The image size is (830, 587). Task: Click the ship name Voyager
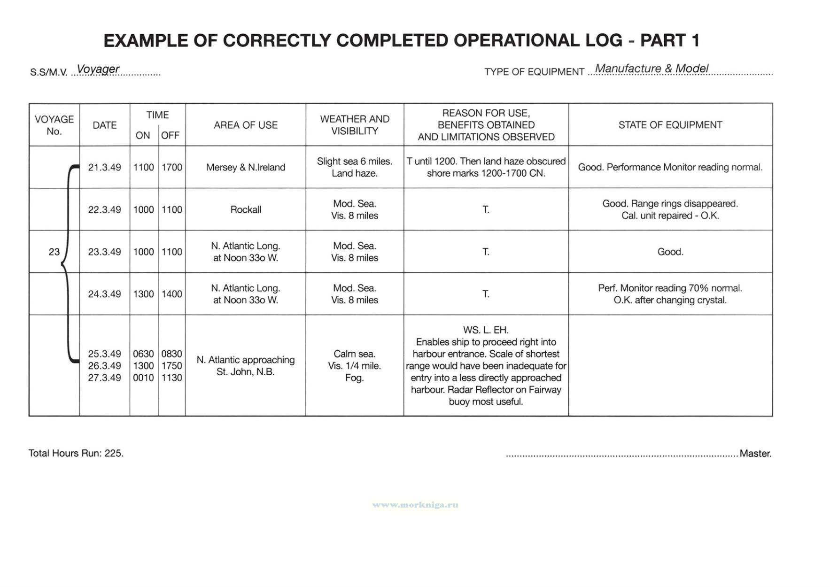pyautogui.click(x=98, y=69)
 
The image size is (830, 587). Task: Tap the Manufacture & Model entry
pyautogui.click(x=651, y=69)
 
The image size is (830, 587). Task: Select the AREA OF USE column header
pyautogui.click(x=245, y=125)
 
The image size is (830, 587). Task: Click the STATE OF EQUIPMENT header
pyautogui.click(x=670, y=125)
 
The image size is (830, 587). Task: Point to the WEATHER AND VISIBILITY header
pyautogui.click(x=355, y=125)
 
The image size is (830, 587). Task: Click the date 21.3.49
pyautogui.click(x=104, y=167)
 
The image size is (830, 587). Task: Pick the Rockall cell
pyautogui.click(x=245, y=209)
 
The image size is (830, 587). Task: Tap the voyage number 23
pyautogui.click(x=54, y=252)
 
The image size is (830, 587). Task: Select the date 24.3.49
pyautogui.click(x=104, y=294)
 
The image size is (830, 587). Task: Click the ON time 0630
pyautogui.click(x=143, y=354)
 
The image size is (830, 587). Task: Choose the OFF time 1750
pyautogui.click(x=171, y=366)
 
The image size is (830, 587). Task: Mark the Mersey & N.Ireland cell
pyautogui.click(x=245, y=167)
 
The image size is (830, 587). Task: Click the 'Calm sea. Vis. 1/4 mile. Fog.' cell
pyautogui.click(x=355, y=366)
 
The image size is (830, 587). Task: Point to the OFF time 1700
pyautogui.click(x=171, y=167)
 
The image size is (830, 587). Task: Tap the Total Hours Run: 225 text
pyautogui.click(x=76, y=453)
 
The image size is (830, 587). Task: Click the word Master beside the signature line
pyautogui.click(x=755, y=454)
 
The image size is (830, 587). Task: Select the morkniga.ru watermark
pyautogui.click(x=415, y=505)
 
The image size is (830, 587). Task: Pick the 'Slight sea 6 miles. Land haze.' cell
pyautogui.click(x=355, y=167)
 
